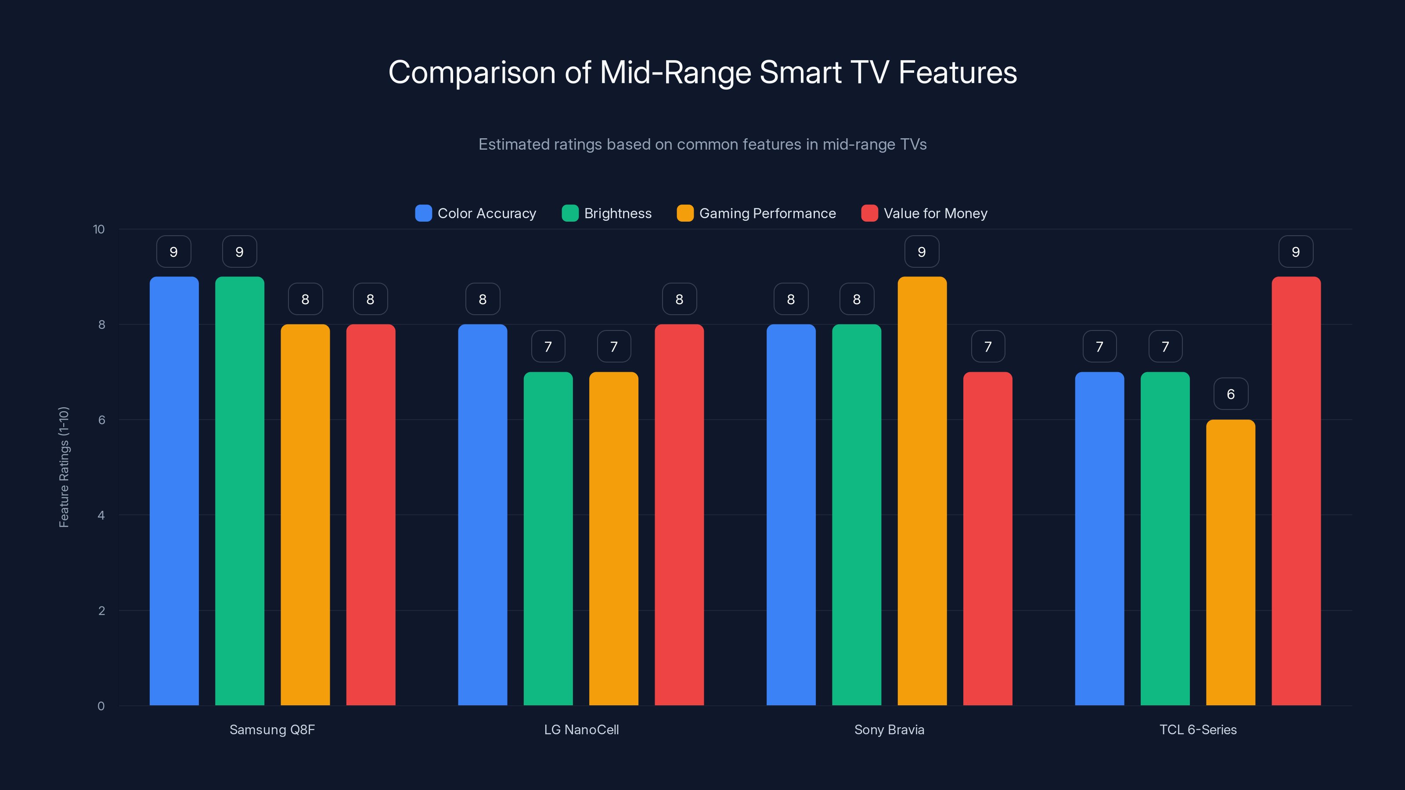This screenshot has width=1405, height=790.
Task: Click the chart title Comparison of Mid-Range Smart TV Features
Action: tap(702, 72)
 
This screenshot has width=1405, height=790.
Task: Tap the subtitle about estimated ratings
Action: tap(702, 144)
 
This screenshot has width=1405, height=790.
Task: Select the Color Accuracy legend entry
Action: tap(476, 213)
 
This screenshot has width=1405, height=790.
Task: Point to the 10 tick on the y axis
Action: tap(99, 230)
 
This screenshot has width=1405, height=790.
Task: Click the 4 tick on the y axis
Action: tap(101, 515)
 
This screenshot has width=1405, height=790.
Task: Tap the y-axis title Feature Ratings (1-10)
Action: tap(64, 467)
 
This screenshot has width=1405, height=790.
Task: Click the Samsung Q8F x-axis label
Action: tap(272, 729)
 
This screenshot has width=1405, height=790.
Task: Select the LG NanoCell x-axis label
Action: tap(581, 729)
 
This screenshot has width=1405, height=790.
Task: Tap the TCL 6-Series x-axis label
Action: tap(1198, 729)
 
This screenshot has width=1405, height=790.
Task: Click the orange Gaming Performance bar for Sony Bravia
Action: tap(922, 491)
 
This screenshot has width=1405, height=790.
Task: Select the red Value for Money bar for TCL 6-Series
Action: tap(1296, 491)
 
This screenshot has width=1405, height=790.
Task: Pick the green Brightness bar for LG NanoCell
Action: tap(548, 540)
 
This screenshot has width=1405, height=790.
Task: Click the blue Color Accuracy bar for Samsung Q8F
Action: tap(174, 491)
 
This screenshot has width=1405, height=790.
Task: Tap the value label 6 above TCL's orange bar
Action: tap(1230, 394)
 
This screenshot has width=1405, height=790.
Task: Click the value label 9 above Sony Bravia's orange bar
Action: tap(922, 252)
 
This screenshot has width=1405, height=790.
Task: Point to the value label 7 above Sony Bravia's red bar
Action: tap(988, 347)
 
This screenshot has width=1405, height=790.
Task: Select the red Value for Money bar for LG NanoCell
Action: tap(679, 515)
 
